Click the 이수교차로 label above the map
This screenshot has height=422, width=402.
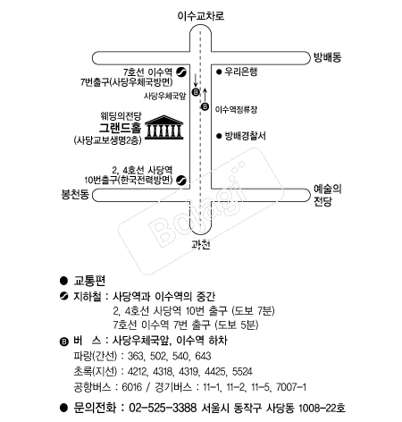coord(201,15)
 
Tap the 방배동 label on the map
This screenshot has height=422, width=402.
coord(327,57)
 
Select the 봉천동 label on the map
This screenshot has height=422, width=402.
coord(75,195)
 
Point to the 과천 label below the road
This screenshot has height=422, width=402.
coord(201,245)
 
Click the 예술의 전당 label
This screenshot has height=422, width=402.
coord(327,195)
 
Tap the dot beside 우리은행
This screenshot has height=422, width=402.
coord(219,72)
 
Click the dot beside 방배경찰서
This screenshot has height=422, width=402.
coord(219,136)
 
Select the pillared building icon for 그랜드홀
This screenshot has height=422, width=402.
coord(163,127)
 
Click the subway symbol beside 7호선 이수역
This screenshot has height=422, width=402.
coord(181,72)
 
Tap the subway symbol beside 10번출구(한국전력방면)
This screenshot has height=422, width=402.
coord(181,181)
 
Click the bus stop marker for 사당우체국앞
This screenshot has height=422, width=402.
coord(196,92)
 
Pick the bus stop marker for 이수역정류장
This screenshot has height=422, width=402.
coord(205,106)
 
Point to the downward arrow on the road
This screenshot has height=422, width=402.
coord(196,80)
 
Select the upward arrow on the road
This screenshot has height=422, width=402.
coord(205,95)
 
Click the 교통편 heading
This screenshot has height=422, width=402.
coord(89,281)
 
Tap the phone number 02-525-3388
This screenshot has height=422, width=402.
coord(163,408)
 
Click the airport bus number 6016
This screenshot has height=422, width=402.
coord(132,387)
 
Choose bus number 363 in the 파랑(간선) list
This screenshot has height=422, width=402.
coord(136,356)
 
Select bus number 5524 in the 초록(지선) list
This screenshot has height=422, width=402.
coord(242,371)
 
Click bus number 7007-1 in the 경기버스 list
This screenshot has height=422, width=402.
coord(291,387)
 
